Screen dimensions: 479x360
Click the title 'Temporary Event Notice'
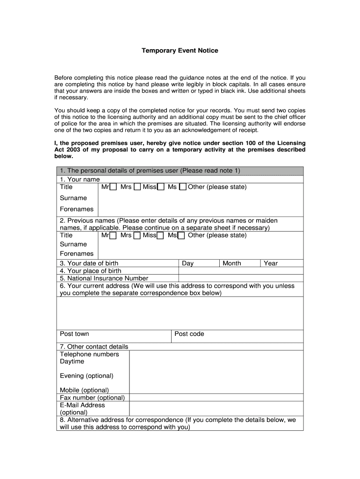(180, 51)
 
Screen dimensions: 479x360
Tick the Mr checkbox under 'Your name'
(113, 187)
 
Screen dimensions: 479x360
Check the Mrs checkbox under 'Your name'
(137, 187)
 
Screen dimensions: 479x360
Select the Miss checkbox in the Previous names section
(160, 236)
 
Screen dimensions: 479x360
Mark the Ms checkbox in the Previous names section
(181, 236)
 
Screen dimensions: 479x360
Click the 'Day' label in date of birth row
(188, 263)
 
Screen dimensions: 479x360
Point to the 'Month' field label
(232, 263)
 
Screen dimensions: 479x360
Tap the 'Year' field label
(271, 263)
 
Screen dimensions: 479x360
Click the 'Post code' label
(189, 334)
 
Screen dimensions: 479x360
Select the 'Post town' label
(74, 334)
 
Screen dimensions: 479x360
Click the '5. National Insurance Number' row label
(104, 278)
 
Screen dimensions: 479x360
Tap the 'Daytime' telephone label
(72, 362)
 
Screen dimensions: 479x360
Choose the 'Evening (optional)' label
(86, 376)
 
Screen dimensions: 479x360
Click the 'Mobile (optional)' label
(84, 390)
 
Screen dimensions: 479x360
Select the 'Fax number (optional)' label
(92, 398)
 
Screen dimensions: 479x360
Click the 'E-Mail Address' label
(82, 405)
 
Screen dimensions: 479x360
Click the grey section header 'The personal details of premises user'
(150, 171)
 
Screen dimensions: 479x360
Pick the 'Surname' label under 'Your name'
(73, 198)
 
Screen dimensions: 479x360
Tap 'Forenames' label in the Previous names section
(77, 254)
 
